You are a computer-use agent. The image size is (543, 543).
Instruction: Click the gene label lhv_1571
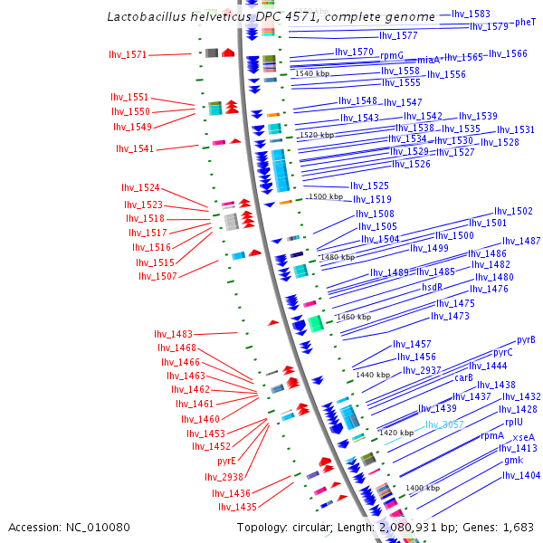point(128,54)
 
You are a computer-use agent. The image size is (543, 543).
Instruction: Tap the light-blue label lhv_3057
point(444,424)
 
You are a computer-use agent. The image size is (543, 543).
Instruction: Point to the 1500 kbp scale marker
point(326,196)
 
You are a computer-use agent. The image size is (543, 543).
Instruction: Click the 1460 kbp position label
point(354,318)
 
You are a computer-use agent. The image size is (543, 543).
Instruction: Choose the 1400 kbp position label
point(423,488)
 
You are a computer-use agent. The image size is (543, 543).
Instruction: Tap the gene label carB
point(464,378)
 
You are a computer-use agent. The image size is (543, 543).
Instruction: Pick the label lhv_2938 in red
point(224,477)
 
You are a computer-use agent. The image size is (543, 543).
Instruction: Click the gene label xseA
point(524,437)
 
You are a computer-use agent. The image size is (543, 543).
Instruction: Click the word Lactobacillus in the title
point(148,16)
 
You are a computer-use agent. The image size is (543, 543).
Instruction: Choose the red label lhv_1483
point(176,334)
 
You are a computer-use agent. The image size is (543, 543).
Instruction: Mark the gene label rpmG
point(393,55)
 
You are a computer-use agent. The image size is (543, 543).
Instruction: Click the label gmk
point(514,460)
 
